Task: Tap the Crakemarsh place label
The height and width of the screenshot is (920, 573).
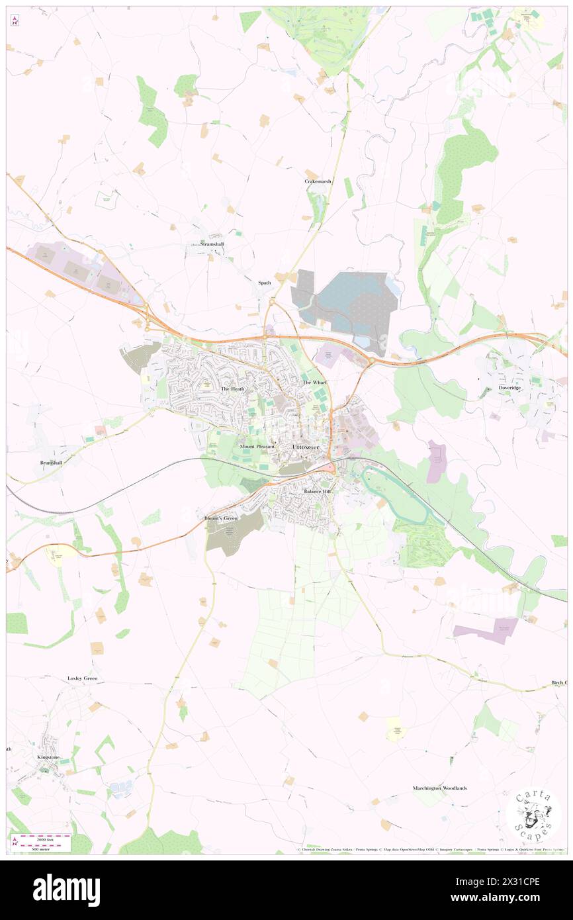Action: click(x=318, y=181)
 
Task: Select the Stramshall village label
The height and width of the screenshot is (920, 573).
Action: click(x=212, y=244)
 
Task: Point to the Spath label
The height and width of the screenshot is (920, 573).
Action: click(x=265, y=283)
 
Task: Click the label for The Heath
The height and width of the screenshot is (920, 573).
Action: click(x=233, y=389)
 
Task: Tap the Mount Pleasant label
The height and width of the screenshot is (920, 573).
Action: click(x=257, y=447)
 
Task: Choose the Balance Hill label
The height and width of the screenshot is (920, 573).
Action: click(x=317, y=492)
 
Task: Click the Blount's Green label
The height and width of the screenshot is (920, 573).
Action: click(x=221, y=518)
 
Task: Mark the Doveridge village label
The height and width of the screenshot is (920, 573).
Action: click(x=509, y=388)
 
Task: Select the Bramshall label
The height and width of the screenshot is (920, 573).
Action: click(x=50, y=463)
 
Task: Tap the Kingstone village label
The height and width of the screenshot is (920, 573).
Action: click(x=48, y=757)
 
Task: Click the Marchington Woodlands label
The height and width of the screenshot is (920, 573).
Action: click(x=440, y=788)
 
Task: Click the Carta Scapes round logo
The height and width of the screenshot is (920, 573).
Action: click(x=533, y=815)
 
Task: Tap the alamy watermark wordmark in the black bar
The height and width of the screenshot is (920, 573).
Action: click(x=66, y=890)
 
